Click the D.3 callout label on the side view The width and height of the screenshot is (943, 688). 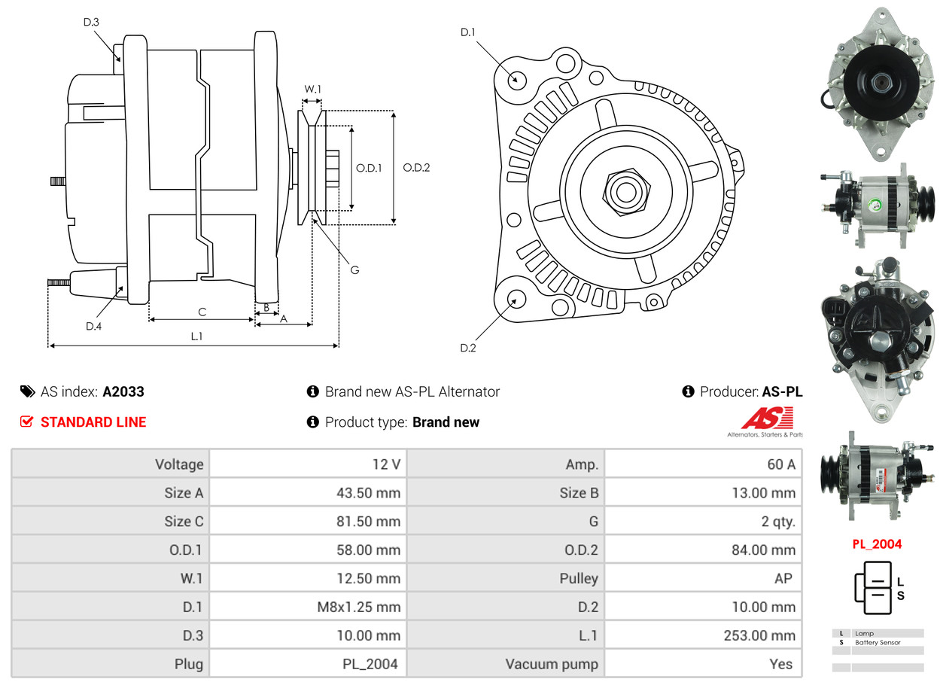[x=91, y=22]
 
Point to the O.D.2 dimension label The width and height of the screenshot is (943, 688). [x=415, y=167]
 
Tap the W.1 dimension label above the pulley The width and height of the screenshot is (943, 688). [x=312, y=89]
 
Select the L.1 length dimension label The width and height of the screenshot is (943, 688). [x=196, y=336]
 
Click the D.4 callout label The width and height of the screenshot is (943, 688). [x=93, y=326]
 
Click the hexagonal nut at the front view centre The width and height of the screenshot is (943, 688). [x=624, y=190]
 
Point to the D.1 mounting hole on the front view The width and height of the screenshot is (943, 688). [x=516, y=79]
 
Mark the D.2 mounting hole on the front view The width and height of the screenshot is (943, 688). [x=516, y=299]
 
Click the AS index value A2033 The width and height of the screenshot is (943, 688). [x=123, y=391]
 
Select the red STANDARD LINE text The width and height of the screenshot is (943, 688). [x=93, y=422]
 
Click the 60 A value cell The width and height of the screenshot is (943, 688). [x=780, y=464]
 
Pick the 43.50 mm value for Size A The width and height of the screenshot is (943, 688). [x=368, y=493]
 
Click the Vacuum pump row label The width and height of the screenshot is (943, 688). [x=552, y=664]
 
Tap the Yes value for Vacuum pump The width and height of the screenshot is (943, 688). [x=781, y=664]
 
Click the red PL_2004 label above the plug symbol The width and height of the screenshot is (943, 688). [x=877, y=543]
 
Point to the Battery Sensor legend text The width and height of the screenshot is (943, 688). [x=878, y=642]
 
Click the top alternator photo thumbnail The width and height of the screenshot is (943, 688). [x=877, y=83]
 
